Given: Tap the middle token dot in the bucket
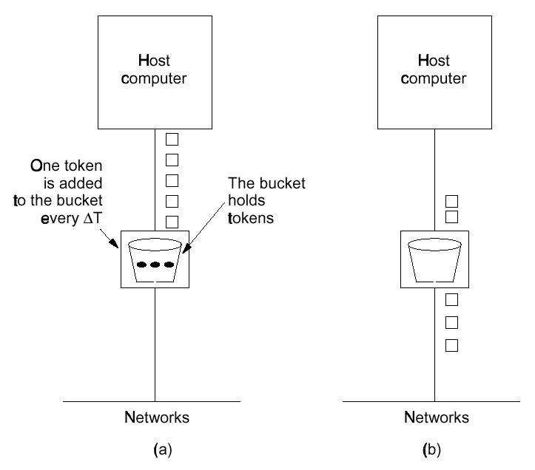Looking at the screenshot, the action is (x=155, y=265).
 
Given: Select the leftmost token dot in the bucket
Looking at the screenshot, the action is (x=141, y=265).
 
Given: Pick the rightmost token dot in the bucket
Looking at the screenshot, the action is (x=169, y=265).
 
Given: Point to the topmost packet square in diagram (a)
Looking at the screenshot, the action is (x=172, y=139).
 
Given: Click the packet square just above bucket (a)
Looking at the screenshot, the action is (x=172, y=222).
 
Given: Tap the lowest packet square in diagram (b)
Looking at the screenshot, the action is (x=451, y=345).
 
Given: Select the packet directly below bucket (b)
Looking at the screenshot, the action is (x=451, y=300).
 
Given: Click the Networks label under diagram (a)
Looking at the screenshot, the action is (x=157, y=418).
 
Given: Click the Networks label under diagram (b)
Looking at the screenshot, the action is (x=437, y=418).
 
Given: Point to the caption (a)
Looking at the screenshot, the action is (x=163, y=450).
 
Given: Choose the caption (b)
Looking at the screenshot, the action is (x=431, y=450).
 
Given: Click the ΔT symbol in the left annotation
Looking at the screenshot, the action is (x=92, y=218).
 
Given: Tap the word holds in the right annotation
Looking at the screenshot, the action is (x=246, y=200).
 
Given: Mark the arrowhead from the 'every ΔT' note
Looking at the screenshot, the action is (x=114, y=242).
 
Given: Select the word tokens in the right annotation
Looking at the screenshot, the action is (x=251, y=218).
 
